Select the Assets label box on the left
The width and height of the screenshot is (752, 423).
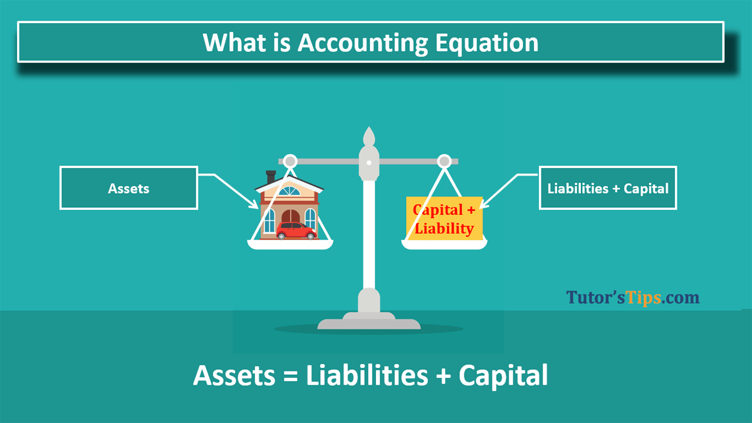click(x=128, y=187)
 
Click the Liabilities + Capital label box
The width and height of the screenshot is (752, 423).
click(x=608, y=187)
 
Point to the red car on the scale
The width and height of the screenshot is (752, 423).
click(x=296, y=231)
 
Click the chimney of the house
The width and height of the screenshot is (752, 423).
click(x=271, y=177)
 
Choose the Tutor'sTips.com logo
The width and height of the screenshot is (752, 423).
click(x=633, y=297)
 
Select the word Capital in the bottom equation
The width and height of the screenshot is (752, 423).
click(x=503, y=375)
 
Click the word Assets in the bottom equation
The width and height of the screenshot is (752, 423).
click(x=232, y=375)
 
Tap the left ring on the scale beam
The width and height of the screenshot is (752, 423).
click(x=290, y=162)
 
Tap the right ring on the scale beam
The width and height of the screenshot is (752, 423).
click(x=444, y=162)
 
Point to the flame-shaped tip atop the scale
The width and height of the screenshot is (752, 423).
click(x=369, y=136)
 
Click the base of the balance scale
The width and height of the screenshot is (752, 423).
click(x=369, y=323)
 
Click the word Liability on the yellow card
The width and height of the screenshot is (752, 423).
click(x=444, y=228)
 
